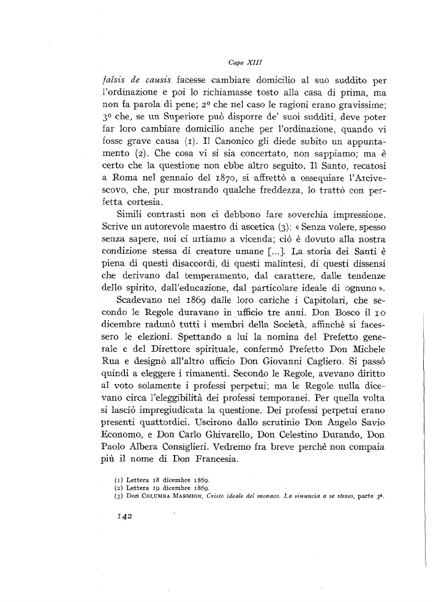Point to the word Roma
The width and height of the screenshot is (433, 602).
[x=141, y=178]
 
